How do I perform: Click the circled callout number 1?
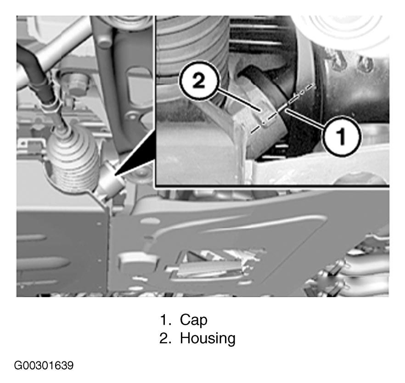pos(342,136)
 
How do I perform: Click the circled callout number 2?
pos(199,80)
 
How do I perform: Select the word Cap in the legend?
pos(193,320)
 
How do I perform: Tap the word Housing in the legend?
pos(208,338)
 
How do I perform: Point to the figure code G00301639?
pos(44,366)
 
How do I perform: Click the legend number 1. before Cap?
pos(166,320)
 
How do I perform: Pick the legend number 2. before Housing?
pos(165,338)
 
